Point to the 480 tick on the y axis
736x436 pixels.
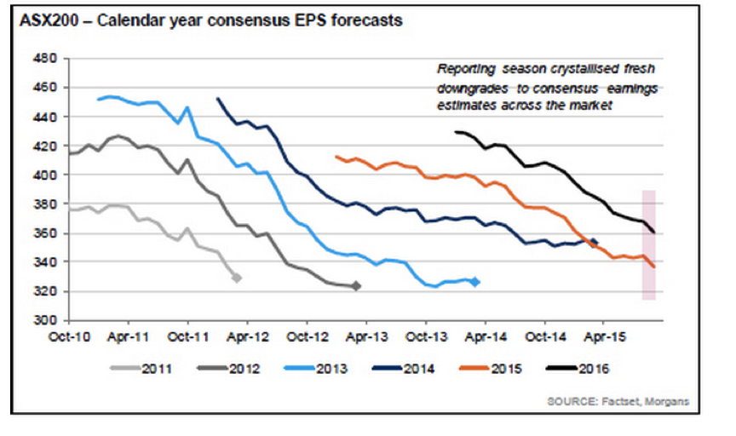coord(45,59)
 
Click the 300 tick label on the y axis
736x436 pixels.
coord(45,320)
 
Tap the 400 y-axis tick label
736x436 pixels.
coord(45,175)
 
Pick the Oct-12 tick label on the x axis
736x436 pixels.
coord(305,337)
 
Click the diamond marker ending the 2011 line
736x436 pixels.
coord(236,278)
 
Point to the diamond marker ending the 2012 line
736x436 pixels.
coord(356,286)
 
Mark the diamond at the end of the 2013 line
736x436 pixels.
coord(475,282)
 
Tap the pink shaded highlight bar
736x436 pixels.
coord(648,245)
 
